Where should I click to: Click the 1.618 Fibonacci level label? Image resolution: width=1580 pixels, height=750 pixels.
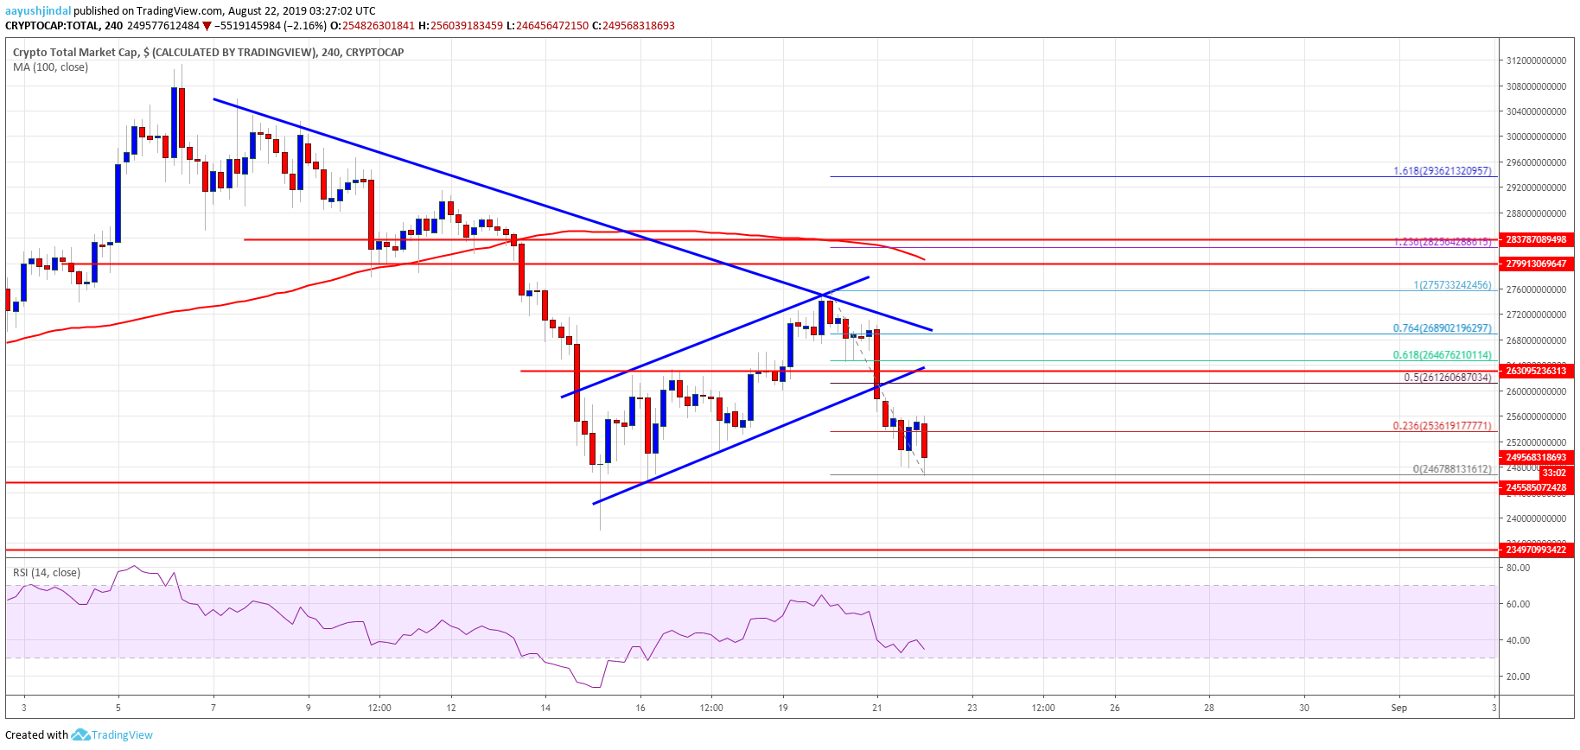pyautogui.click(x=1442, y=171)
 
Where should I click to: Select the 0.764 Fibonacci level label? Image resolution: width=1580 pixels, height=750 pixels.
pyautogui.click(x=1442, y=328)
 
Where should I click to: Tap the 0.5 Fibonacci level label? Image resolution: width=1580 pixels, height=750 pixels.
pyautogui.click(x=1447, y=378)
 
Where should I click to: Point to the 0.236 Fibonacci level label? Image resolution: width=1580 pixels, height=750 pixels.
pyautogui.click(x=1442, y=426)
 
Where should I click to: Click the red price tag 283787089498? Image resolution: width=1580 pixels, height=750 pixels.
pyautogui.click(x=1536, y=239)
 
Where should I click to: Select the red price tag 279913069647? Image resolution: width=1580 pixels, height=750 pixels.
pyautogui.click(x=1536, y=264)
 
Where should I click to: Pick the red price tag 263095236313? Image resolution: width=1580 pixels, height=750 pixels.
pyautogui.click(x=1536, y=371)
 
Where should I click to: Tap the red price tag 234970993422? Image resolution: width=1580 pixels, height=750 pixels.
pyautogui.click(x=1536, y=550)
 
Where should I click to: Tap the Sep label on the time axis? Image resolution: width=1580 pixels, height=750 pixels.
pyautogui.click(x=1398, y=708)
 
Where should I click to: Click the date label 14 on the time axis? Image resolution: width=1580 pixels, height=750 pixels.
pyautogui.click(x=545, y=708)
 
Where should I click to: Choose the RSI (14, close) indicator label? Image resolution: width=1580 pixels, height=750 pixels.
pyautogui.click(x=48, y=572)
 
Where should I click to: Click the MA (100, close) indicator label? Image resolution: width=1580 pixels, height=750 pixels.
pyautogui.click(x=50, y=67)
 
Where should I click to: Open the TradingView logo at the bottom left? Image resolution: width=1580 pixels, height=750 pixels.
pyautogui.click(x=112, y=735)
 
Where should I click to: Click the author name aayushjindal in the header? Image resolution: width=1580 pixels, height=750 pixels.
pyautogui.click(x=38, y=10)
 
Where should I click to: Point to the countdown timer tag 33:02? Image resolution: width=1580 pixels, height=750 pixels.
pyautogui.click(x=1553, y=473)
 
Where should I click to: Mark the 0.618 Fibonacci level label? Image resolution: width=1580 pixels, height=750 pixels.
pyautogui.click(x=1442, y=355)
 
